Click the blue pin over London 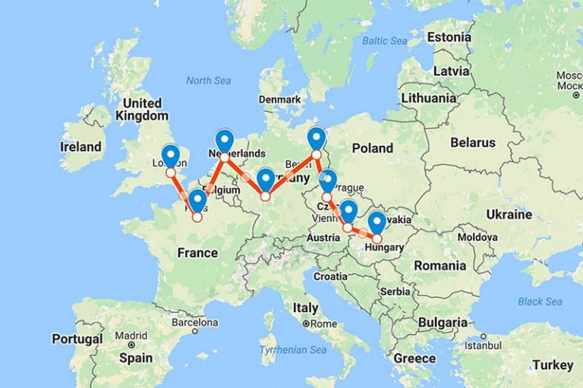point(171,155)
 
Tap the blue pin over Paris point(197,200)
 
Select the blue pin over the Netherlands point(224,140)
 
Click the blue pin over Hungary point(377,222)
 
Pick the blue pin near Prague point(327,181)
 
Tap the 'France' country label point(197,253)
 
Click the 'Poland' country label point(372,148)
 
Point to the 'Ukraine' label point(509,214)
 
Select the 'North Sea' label point(208,80)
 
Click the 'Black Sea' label point(540,301)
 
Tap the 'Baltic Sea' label point(385,40)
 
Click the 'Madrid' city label point(131,336)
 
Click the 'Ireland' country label point(81,147)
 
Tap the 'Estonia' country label point(449,37)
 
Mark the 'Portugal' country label point(77,339)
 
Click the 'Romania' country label point(440,266)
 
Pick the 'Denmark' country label point(279,99)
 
